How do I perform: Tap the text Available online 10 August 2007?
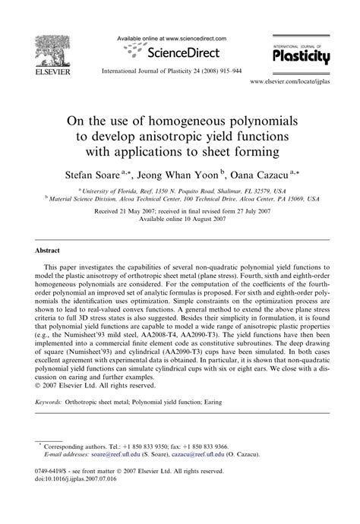pyautogui.click(x=179, y=218)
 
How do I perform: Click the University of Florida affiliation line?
pyautogui.click(x=179, y=191)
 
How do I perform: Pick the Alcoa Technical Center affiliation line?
pyautogui.click(x=179, y=199)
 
